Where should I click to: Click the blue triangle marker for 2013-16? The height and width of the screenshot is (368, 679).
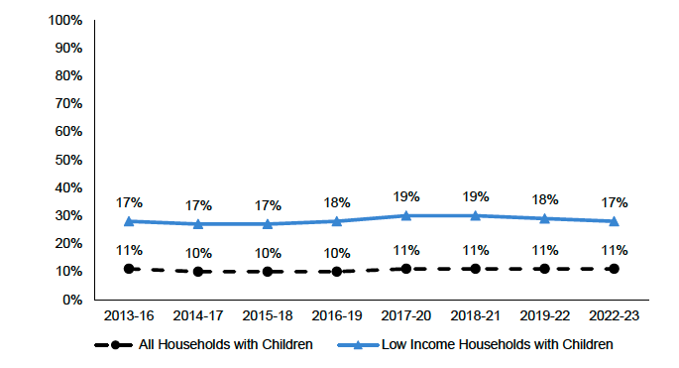[129, 221]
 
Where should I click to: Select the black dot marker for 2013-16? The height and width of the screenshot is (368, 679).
[129, 269]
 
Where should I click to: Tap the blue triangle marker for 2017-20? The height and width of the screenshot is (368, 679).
[406, 215]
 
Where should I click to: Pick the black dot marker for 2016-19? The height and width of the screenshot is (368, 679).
[337, 271]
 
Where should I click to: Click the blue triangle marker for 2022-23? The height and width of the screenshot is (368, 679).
[615, 221]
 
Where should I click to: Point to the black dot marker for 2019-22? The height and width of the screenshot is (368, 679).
[545, 269]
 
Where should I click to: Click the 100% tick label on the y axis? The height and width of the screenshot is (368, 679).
[65, 20]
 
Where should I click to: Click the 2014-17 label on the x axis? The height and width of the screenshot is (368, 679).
[198, 314]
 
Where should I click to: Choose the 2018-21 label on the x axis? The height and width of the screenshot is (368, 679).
[476, 314]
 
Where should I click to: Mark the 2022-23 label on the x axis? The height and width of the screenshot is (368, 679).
[615, 314]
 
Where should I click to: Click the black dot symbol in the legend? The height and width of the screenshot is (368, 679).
[116, 345]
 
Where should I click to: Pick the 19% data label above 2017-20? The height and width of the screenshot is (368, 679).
[406, 196]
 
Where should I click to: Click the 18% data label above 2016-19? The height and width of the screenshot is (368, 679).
[337, 201]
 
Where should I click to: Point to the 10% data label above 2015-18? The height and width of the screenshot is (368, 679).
[268, 252]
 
